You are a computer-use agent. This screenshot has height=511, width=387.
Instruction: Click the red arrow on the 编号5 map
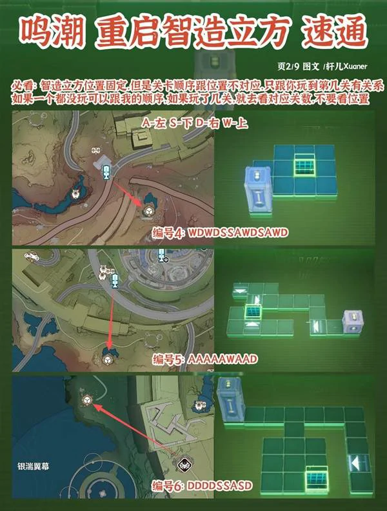(x=111, y=316)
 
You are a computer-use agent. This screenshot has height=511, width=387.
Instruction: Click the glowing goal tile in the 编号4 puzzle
(x=304, y=165)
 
